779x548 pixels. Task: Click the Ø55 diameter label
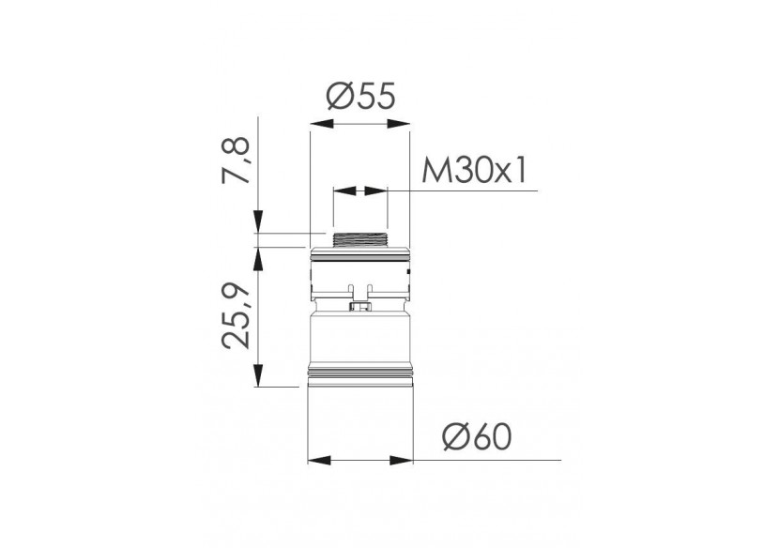[359, 98]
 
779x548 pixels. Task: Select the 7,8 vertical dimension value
[239, 162]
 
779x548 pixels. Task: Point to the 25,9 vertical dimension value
[239, 313]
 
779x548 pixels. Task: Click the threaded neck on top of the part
[359, 239]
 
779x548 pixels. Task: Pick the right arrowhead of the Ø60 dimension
[406, 461]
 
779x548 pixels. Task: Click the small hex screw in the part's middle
[359, 305]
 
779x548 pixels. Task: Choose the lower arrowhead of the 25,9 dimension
[256, 379]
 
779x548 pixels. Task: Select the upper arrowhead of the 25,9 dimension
[256, 252]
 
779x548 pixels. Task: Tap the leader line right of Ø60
[497, 461]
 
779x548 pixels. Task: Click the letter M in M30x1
[433, 172]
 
